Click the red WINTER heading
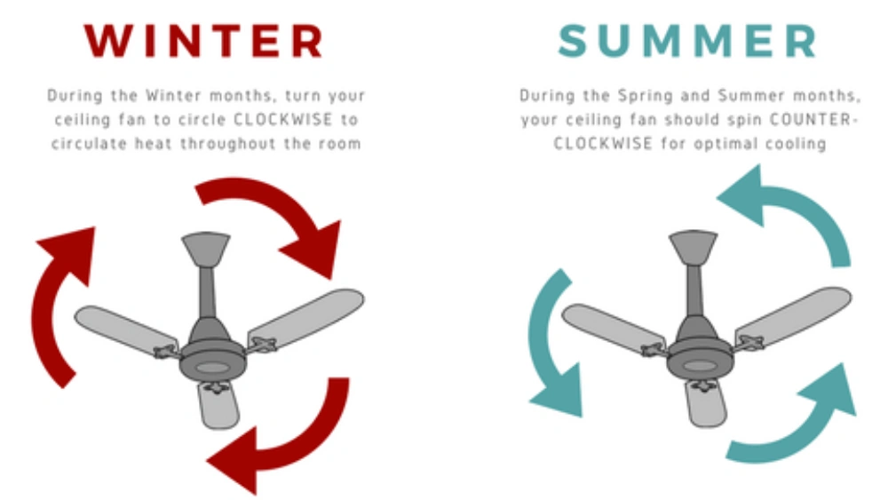203,41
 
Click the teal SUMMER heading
687,41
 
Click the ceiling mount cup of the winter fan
205,248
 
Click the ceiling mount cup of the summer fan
693,246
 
